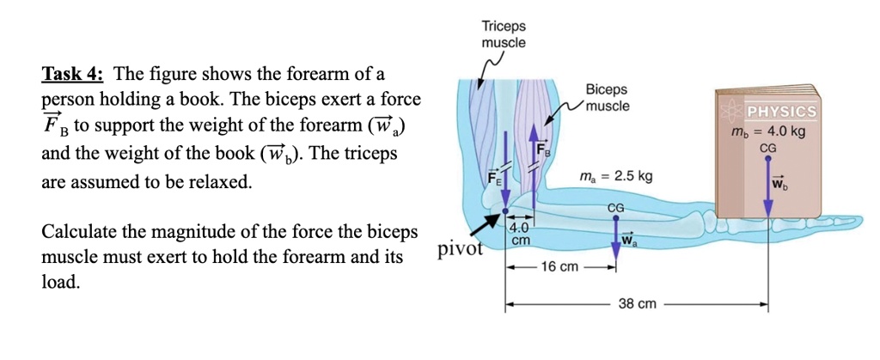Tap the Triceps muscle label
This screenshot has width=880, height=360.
504,34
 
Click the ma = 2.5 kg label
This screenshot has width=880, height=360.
614,176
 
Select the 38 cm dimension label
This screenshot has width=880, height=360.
636,304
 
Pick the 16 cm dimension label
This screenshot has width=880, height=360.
559,267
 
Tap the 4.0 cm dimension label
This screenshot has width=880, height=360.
520,235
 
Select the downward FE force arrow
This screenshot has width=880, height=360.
505,168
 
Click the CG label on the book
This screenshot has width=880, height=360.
768,148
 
